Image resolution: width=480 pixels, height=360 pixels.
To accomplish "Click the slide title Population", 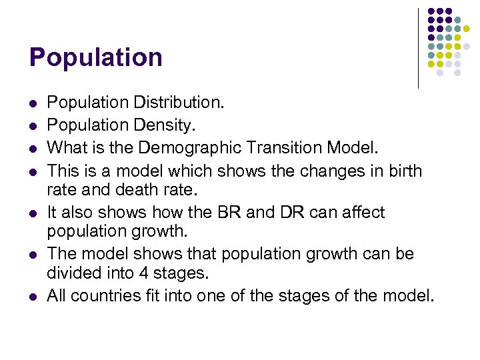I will point(96,58).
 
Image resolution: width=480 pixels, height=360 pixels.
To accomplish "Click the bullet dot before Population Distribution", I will point(33,105).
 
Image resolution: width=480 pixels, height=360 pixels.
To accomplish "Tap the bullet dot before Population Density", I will point(33,125).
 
